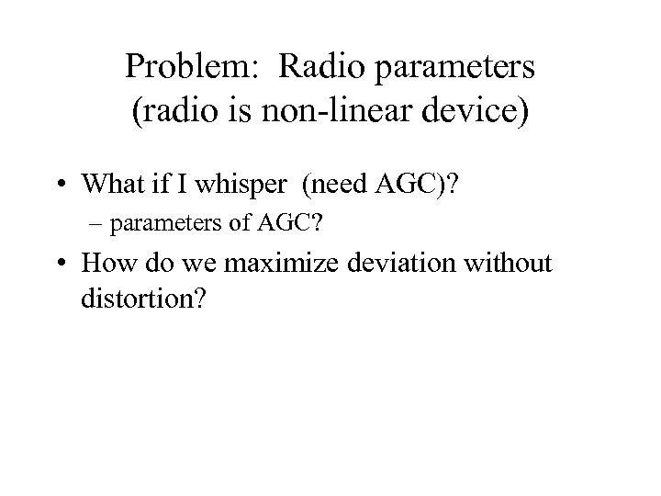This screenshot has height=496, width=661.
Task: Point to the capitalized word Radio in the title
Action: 312,66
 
